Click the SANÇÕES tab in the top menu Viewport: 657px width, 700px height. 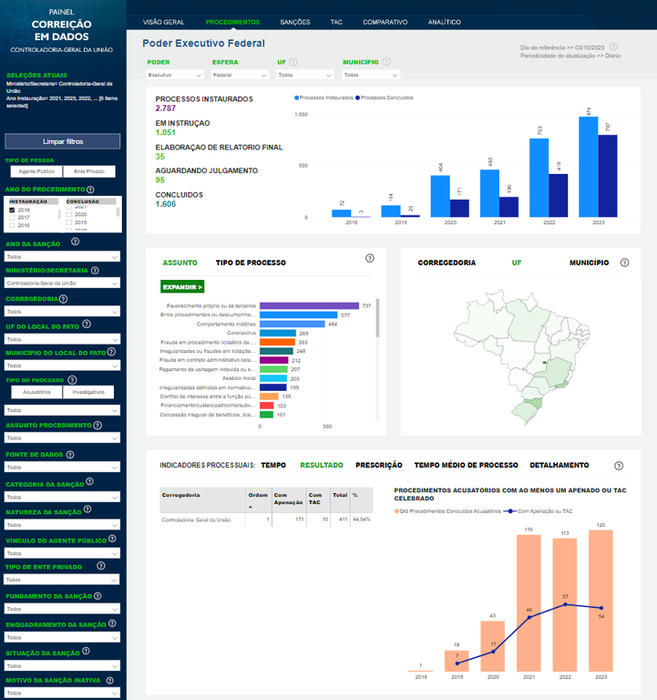[x=295, y=21]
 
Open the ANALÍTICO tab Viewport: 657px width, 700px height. [x=444, y=21]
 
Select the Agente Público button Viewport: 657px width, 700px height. [x=35, y=170]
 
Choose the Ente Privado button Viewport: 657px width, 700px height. [x=89, y=170]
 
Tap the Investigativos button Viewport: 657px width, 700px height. [x=89, y=392]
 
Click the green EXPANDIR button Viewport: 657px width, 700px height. [x=182, y=286]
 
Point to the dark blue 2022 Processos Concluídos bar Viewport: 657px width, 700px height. [x=558, y=195]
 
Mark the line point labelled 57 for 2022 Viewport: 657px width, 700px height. [x=567, y=604]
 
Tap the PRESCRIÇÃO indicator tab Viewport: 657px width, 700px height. [x=378, y=465]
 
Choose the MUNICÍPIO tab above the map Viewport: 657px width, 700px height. [x=589, y=262]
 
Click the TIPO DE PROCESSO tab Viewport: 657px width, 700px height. [x=251, y=262]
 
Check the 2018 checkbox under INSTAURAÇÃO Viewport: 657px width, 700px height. [x=12, y=210]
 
